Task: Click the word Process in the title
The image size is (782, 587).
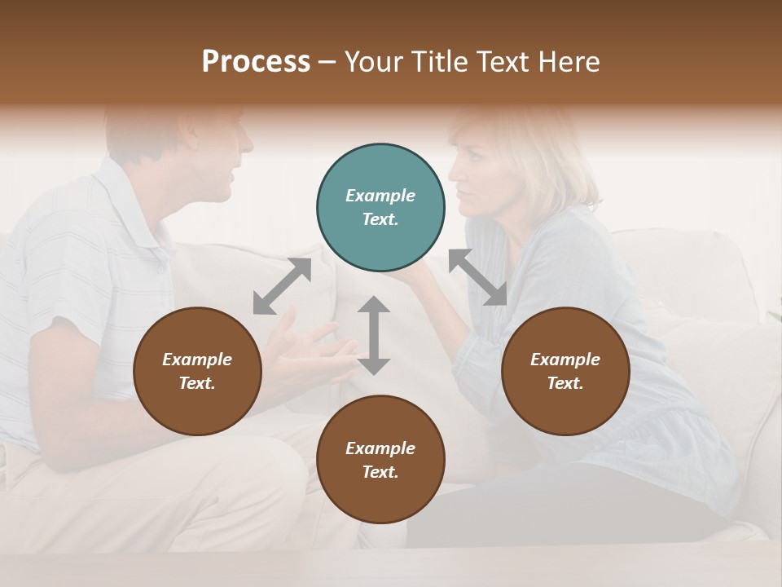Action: (x=256, y=62)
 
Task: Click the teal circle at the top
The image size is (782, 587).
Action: (x=380, y=208)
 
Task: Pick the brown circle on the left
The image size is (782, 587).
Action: (x=197, y=372)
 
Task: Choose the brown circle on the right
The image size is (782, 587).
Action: (x=565, y=372)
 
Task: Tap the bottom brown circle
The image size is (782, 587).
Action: (x=380, y=460)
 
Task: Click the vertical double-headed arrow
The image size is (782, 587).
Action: (x=374, y=335)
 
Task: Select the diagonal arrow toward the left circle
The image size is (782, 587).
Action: (x=282, y=285)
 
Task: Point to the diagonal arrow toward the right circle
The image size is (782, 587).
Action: (x=477, y=277)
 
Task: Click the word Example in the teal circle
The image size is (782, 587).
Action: (x=380, y=196)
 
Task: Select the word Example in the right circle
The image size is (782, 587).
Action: (x=565, y=360)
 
